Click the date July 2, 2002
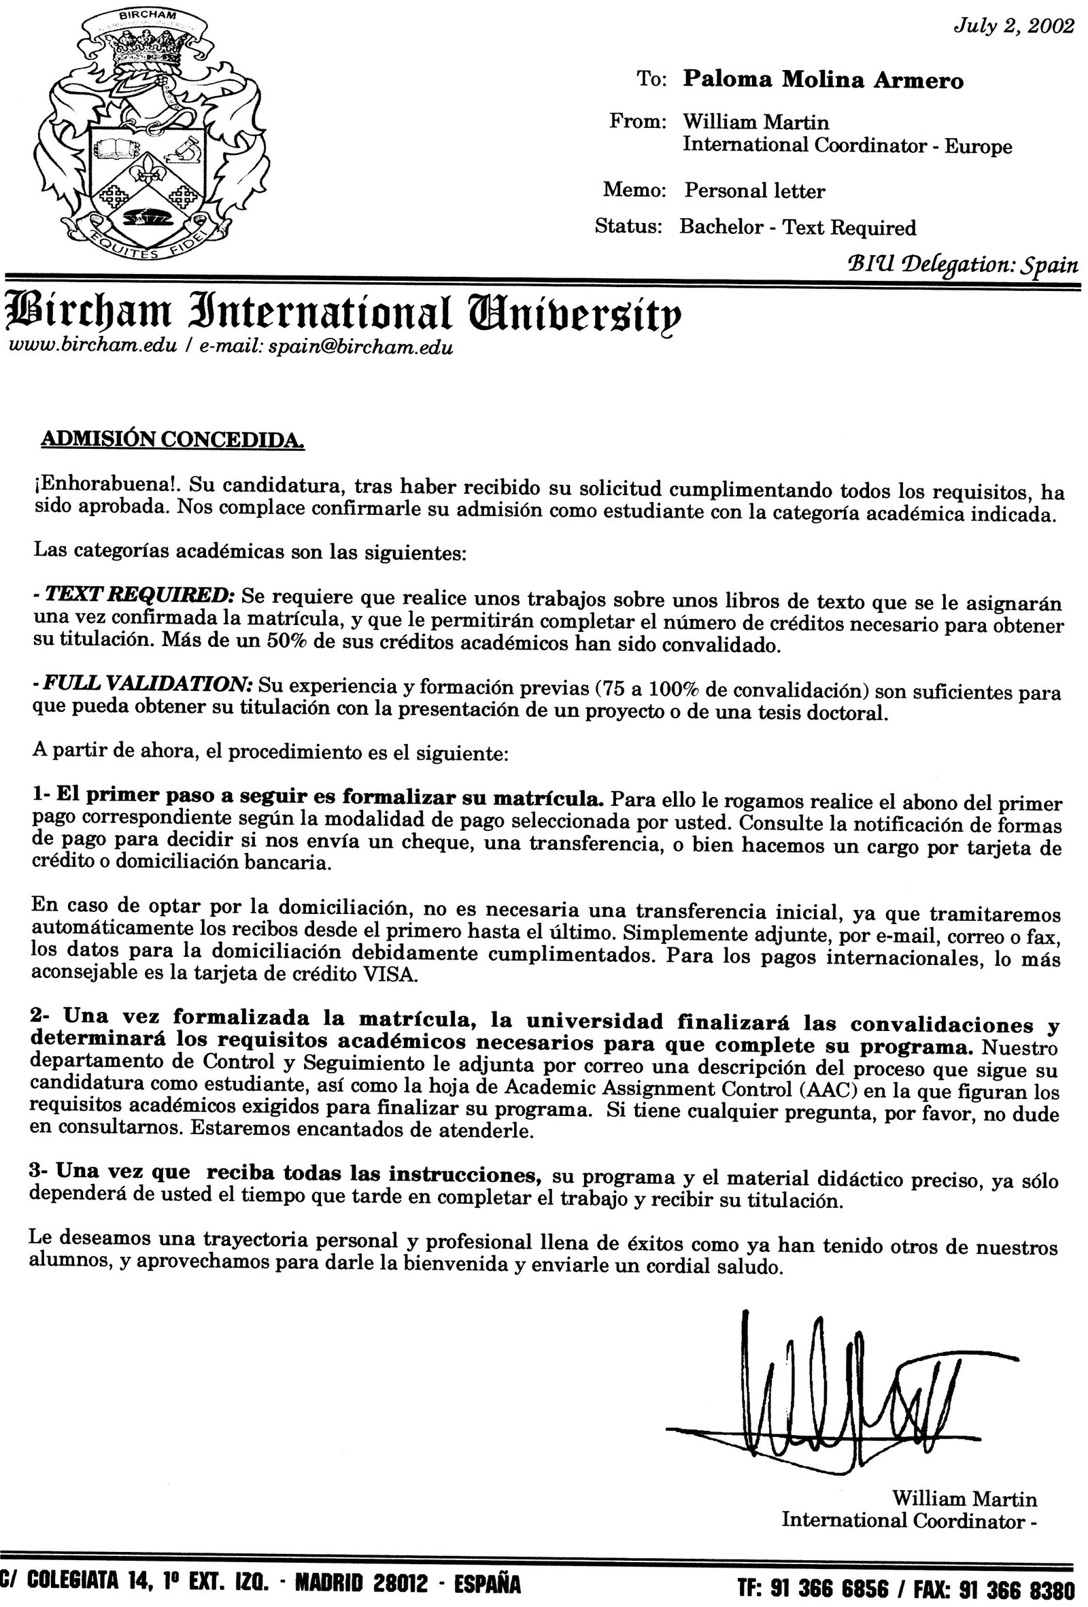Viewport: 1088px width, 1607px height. [1013, 27]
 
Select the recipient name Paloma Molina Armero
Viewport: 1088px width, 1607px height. [823, 81]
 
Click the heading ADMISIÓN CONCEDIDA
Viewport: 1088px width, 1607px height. [173, 440]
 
